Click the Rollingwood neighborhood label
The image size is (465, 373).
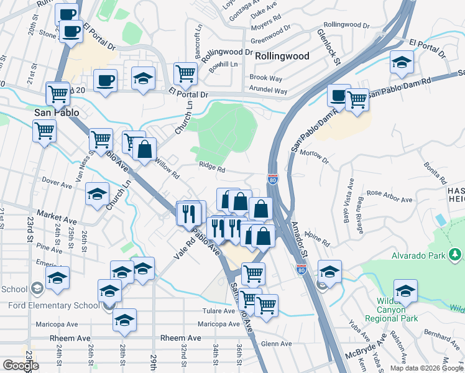pos(282,56)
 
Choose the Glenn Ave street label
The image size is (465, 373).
pos(277,344)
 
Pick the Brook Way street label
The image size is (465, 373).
pos(265,78)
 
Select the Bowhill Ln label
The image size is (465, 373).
pos(223,64)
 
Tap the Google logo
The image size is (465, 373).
pos(21,366)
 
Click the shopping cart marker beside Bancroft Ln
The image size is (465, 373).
pos(186,75)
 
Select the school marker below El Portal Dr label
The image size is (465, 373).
pos(402,63)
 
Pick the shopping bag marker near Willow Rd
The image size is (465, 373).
pos(144,150)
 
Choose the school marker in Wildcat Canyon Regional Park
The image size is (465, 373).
pos(405,291)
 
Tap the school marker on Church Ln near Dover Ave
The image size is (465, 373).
pos(97,194)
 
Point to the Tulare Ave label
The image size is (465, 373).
pos(218,311)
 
